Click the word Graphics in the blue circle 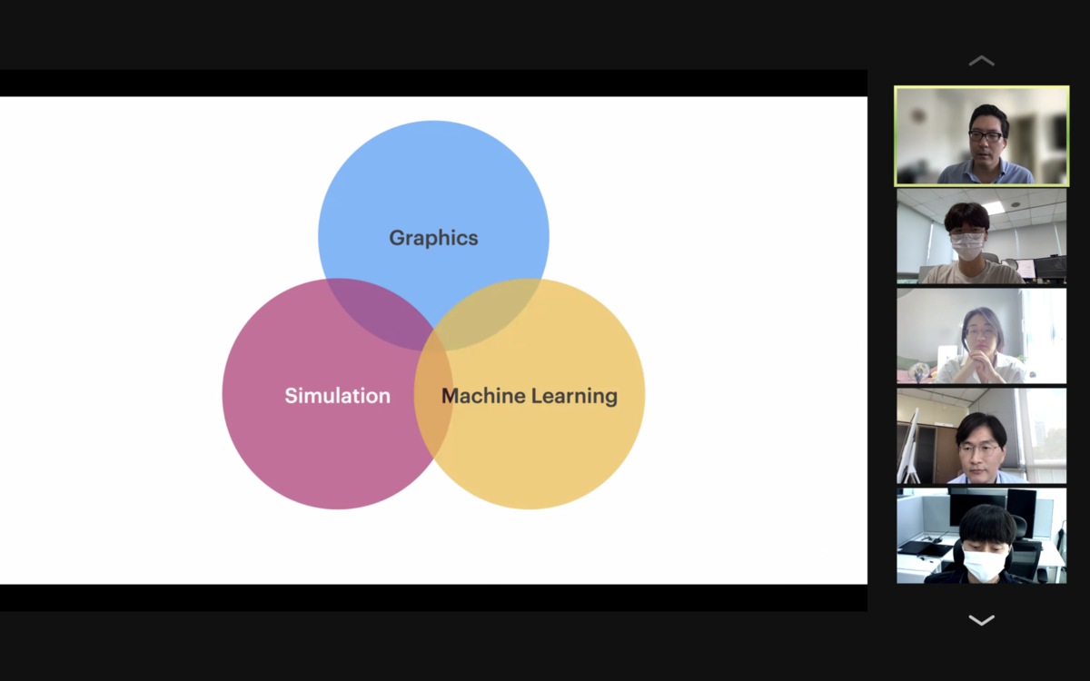pos(433,238)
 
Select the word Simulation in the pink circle pos(337,396)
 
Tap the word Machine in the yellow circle pos(483,396)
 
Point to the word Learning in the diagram pos(574,396)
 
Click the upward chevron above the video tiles pos(982,61)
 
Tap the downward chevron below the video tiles pos(982,620)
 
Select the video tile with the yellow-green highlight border pos(982,136)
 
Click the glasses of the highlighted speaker pos(986,135)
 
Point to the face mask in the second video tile pos(967,246)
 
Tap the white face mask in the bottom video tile pos(984,564)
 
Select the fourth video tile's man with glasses pos(980,448)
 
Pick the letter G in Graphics pos(397,238)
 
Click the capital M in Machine pos(452,396)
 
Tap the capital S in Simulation pos(291,396)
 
